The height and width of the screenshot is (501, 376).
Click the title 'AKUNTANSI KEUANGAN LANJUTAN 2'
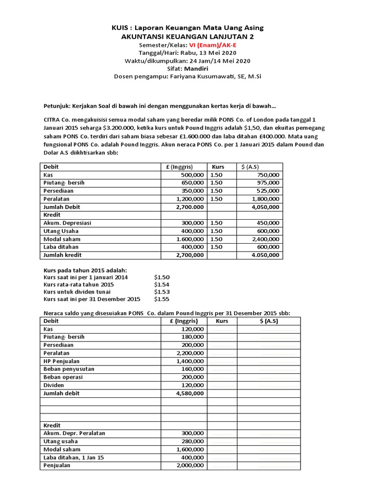click(188, 37)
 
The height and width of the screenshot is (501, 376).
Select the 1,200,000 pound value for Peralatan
click(190, 199)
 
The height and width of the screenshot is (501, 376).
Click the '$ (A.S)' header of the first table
click(251, 166)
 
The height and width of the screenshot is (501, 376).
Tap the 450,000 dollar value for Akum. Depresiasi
click(269, 223)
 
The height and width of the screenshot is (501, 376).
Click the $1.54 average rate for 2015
click(162, 285)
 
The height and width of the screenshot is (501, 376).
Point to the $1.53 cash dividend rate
click(162, 292)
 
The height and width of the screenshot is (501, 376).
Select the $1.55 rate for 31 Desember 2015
click(162, 299)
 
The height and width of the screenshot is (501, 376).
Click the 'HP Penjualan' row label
click(61, 361)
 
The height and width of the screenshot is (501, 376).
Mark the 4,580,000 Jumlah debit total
click(189, 393)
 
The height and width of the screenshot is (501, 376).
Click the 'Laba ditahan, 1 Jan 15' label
click(73, 457)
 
